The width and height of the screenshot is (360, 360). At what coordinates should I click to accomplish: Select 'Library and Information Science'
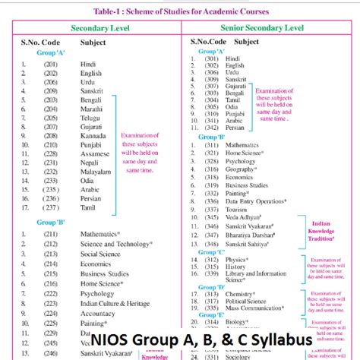coord(262,277)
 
